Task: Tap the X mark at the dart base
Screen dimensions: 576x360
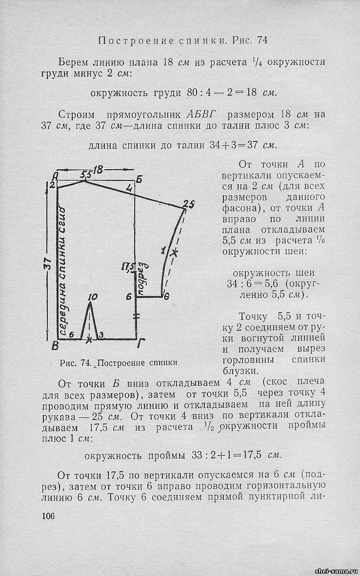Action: click(88, 339)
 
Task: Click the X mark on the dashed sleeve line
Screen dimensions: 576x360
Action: click(176, 252)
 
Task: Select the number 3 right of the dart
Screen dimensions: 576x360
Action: click(101, 335)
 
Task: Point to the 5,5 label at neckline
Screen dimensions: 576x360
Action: click(85, 175)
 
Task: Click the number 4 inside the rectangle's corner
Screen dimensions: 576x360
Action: click(129, 187)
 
